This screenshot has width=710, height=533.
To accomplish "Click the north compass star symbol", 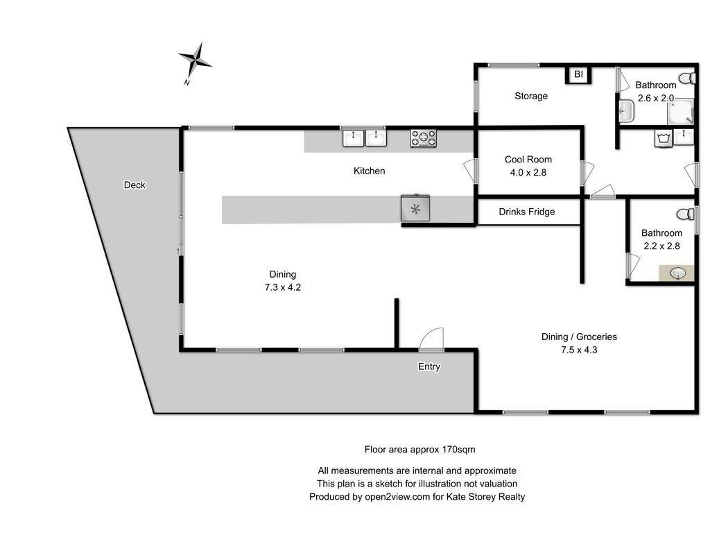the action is tap(195, 60).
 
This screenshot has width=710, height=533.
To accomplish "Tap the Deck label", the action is tap(135, 185).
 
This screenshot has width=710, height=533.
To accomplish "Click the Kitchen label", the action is tap(369, 171).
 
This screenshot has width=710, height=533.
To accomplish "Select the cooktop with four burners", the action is tap(424, 138).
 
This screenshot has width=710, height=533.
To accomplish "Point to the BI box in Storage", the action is tap(579, 74).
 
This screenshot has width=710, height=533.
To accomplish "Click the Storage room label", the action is tap(531, 96).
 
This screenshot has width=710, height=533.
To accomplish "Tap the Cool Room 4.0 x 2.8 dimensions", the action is tap(528, 173).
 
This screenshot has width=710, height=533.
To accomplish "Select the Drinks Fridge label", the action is tap(527, 212).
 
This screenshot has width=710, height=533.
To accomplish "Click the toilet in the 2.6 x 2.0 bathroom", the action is tap(687, 78).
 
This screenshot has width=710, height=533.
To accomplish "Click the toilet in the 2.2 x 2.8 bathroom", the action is tap(685, 214).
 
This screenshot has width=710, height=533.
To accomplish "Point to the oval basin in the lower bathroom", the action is tap(678, 273).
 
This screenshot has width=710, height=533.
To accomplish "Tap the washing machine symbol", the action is tap(664, 138).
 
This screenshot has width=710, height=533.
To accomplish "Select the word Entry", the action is tap(428, 366).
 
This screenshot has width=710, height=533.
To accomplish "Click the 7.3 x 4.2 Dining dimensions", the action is tap(283, 287).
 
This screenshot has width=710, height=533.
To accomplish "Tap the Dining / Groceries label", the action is tap(579, 337).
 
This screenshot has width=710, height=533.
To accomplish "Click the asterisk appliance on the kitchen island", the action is tap(415, 208).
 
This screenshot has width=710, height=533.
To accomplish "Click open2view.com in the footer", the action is tap(397, 497).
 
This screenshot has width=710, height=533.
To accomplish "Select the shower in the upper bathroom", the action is tap(681, 112).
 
